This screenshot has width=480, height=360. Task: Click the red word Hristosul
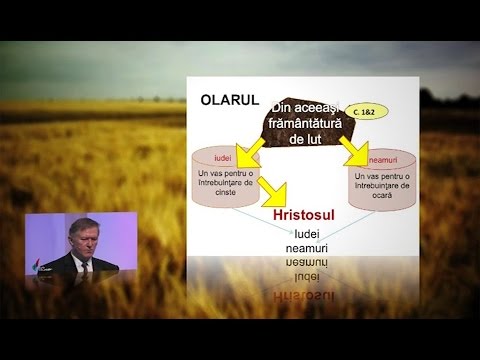(314, 215)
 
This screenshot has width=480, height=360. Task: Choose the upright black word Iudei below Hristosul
(312, 232)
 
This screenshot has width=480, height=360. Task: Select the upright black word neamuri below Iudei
(312, 246)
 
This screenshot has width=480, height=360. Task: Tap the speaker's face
(81, 239)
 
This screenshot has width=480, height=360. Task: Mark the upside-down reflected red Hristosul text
(312, 296)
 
